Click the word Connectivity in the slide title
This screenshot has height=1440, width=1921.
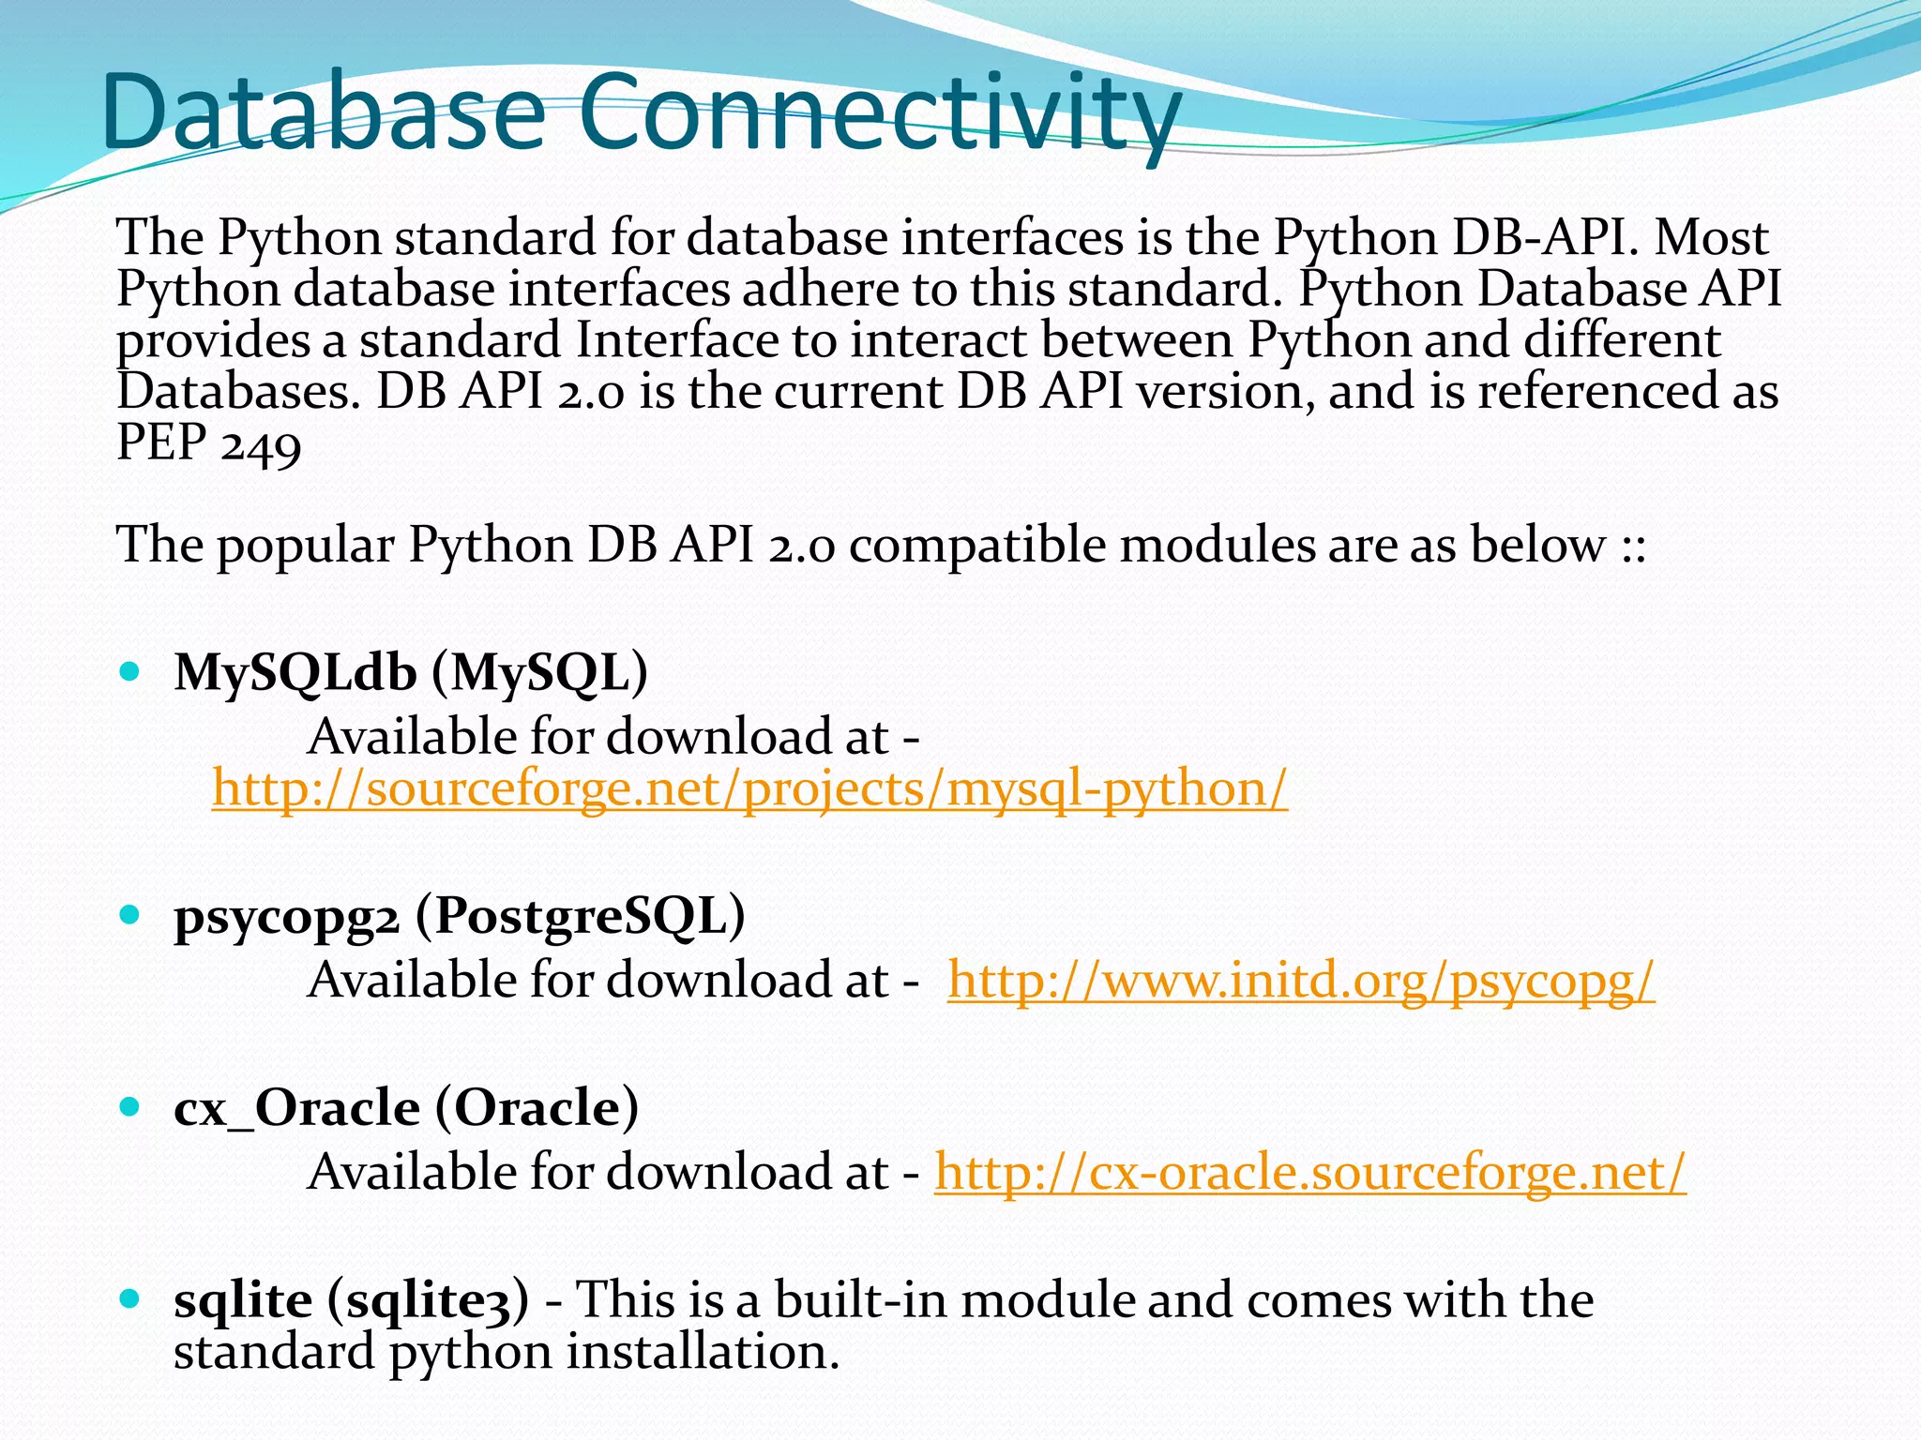[x=878, y=114]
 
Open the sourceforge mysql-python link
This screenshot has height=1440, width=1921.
[x=749, y=788]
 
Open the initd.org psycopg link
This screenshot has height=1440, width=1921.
[x=1301, y=981]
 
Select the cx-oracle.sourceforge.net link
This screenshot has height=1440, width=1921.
[x=1309, y=1173]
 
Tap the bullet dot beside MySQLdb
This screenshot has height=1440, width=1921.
[x=130, y=671]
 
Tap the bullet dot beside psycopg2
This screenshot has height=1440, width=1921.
[x=130, y=914]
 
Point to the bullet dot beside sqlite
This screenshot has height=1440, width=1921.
[x=130, y=1298]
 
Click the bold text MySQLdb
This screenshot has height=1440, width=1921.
[x=295, y=672]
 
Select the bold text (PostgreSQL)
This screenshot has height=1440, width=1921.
[x=580, y=916]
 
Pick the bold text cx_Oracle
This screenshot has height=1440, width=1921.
[x=296, y=1108]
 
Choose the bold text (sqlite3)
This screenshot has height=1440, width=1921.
[x=428, y=1300]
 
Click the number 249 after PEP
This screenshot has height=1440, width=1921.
[x=261, y=442]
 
